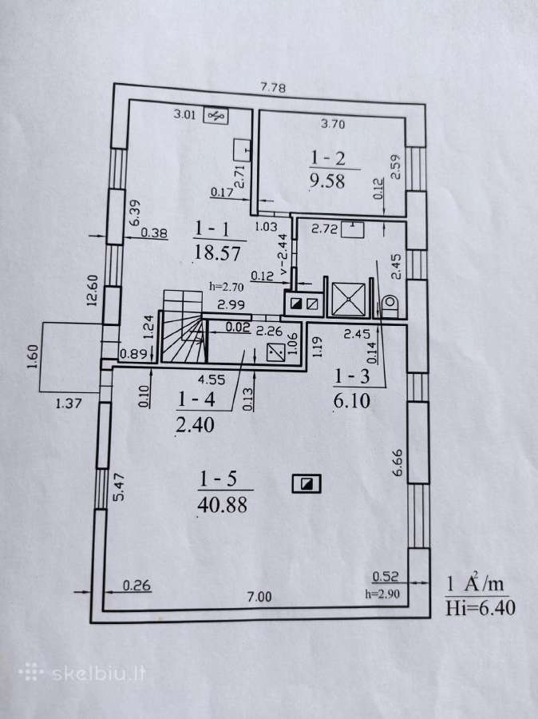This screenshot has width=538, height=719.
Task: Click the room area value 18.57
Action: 217,252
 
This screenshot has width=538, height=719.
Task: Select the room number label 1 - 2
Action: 327,158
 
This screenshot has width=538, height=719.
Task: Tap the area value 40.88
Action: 223,505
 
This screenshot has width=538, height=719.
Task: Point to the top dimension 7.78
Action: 273,87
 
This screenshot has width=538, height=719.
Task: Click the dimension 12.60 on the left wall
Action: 92,290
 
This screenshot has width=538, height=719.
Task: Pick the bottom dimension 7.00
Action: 259,597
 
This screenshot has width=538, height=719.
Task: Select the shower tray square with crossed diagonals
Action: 349,300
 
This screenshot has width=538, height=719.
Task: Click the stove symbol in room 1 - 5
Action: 307,484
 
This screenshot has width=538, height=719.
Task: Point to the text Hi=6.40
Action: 481,608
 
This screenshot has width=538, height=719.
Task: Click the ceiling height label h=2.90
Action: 382,594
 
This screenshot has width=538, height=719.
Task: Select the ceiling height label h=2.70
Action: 227,287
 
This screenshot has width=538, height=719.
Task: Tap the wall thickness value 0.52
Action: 385,576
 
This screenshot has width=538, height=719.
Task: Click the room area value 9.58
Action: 327,181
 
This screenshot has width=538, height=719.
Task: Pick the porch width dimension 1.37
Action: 69,403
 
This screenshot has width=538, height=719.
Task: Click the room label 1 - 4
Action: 196,399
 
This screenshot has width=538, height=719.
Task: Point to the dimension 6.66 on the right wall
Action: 398,463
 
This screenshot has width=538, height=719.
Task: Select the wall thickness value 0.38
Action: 154,233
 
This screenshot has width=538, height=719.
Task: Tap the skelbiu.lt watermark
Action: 82,673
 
